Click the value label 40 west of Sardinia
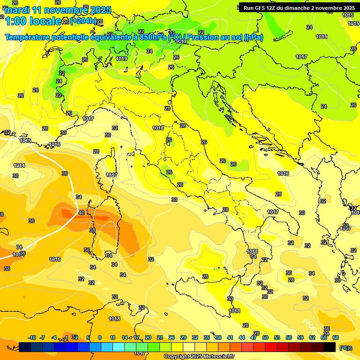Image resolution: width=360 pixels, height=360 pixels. (82, 213)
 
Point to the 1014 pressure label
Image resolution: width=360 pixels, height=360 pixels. (19, 165)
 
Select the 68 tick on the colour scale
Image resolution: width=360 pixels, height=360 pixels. (336, 337)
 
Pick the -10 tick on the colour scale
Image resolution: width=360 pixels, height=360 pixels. (32, 337)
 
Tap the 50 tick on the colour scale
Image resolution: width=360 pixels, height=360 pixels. (265, 337)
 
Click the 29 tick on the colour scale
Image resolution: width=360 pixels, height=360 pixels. (183, 337)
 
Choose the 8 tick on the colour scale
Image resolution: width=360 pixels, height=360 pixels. (100, 337)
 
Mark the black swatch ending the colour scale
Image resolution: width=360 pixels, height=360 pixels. (330, 347)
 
